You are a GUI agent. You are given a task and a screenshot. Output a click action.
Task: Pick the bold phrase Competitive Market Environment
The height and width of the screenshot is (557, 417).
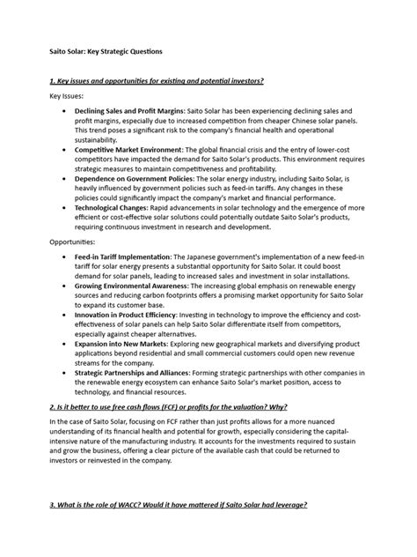(131, 151)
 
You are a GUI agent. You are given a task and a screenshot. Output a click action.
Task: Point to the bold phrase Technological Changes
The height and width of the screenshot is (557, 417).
(113, 208)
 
